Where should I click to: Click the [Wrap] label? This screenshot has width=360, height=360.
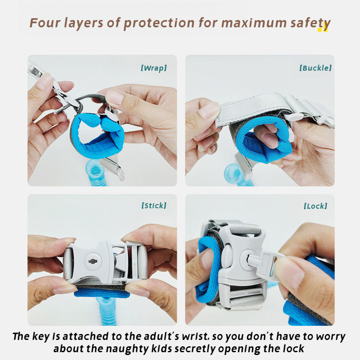point(154,68)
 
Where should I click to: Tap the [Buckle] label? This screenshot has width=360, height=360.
point(315,68)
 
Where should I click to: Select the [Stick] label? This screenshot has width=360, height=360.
point(154,206)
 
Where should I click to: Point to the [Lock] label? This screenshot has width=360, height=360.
point(315,206)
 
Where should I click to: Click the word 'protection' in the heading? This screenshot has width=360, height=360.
point(159,23)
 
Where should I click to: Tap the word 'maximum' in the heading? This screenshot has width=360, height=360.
point(254,23)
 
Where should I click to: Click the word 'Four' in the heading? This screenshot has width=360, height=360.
point(45,23)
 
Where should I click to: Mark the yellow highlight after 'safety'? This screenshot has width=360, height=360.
point(322,29)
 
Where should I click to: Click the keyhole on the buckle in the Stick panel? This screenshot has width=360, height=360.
point(93,261)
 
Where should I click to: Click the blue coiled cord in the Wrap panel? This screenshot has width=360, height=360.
point(96,173)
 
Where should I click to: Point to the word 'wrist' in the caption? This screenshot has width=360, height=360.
point(195,337)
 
